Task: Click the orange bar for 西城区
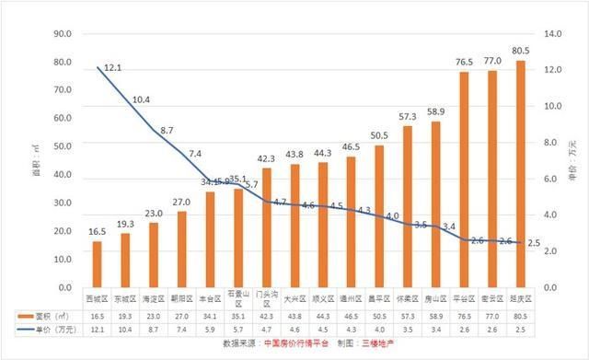tap(97, 264)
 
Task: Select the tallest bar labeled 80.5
tap(521, 175)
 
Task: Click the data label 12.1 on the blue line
tap(113, 68)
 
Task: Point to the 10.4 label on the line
tap(142, 99)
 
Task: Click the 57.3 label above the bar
tap(408, 116)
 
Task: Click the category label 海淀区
tap(154, 299)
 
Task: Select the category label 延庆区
tap(521, 299)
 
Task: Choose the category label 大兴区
tap(294, 299)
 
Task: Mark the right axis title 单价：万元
tap(574, 161)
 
